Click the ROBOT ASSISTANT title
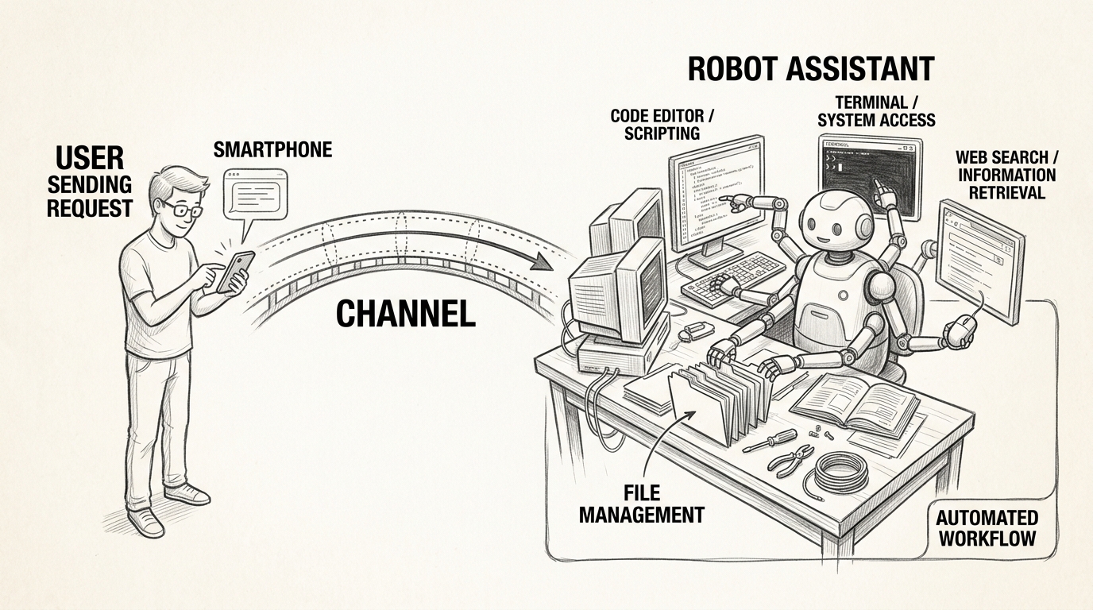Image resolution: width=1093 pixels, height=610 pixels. tap(810, 69)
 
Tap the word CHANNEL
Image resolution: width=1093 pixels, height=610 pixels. tap(405, 315)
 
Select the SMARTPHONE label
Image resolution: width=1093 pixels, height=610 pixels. tap(272, 149)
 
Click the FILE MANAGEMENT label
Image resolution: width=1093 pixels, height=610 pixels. tap(641, 504)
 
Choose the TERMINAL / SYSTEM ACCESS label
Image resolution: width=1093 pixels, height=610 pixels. tap(876, 111)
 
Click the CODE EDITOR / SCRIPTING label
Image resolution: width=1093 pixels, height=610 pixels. tap(662, 125)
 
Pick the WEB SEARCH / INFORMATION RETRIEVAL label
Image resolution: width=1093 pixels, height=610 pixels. tap(1006, 174)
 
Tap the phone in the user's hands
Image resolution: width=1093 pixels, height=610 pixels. tap(235, 271)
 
